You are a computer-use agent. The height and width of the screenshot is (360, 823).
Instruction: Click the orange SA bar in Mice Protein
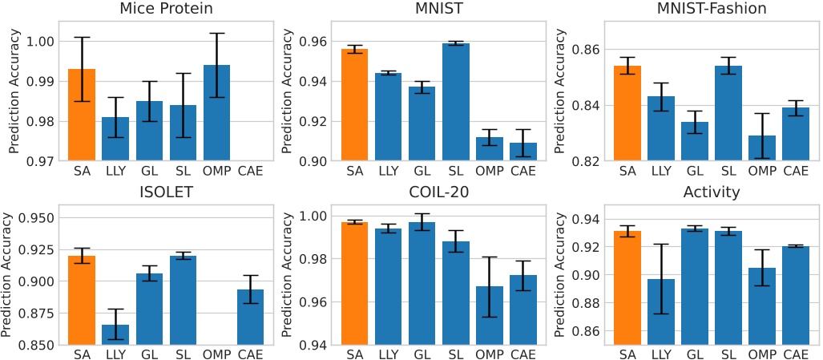(x=82, y=115)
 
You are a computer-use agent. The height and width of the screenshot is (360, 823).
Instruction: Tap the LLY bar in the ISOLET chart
(x=115, y=334)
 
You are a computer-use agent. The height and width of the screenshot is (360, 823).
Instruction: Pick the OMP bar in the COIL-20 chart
(x=489, y=315)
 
